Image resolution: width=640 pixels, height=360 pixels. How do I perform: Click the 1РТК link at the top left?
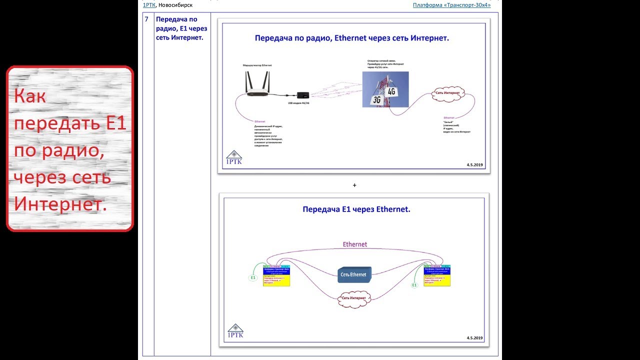point(149,5)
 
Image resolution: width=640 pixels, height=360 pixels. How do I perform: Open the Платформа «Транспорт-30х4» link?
point(451,5)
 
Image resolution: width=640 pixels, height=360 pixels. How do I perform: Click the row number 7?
point(146,19)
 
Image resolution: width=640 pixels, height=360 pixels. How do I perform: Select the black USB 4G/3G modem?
point(302,95)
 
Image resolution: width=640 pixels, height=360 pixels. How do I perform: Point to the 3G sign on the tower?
point(376,100)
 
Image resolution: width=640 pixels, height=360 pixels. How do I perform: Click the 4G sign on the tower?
point(391,91)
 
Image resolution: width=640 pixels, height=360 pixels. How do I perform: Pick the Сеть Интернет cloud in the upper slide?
point(448,93)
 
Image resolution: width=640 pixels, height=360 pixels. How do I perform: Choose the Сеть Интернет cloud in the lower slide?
point(353,298)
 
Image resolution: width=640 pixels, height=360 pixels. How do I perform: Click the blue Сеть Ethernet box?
point(354,274)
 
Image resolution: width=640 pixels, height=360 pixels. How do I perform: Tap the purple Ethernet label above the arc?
point(355,244)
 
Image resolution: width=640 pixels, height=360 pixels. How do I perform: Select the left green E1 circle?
point(253,277)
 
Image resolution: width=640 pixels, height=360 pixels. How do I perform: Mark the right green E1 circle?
point(414,285)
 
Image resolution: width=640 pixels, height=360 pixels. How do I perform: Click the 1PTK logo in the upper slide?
point(234,158)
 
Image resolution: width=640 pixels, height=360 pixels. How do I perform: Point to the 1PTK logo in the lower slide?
point(235,331)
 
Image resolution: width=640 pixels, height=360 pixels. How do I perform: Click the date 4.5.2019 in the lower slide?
point(474,338)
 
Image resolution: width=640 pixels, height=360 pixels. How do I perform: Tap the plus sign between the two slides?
point(354,185)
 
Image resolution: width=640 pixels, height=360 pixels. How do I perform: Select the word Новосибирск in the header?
point(175,5)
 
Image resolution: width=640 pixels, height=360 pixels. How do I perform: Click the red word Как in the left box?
point(30,96)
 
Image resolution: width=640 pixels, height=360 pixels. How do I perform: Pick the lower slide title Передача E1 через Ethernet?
point(356,209)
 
